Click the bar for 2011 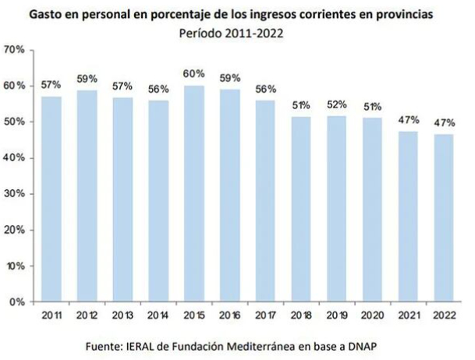coord(51,199)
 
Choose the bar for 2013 coord(123,199)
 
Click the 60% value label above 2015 coord(195,74)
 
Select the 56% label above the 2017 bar coord(266,89)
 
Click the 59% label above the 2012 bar coord(87,79)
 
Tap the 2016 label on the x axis coord(230,315)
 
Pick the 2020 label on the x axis coord(374,315)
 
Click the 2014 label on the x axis coord(159,315)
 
